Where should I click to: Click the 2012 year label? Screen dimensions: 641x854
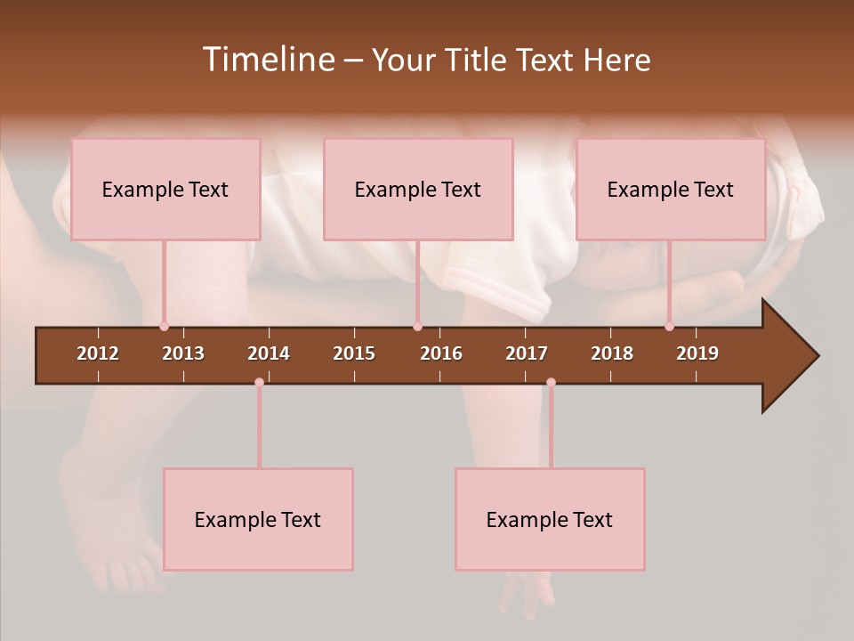click(x=98, y=353)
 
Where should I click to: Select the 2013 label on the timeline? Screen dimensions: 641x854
click(x=183, y=353)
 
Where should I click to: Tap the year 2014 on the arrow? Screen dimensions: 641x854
click(x=269, y=353)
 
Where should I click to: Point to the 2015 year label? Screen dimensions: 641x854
click(x=354, y=353)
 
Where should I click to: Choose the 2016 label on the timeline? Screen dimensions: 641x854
click(x=441, y=353)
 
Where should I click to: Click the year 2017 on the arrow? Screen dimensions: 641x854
click(x=527, y=353)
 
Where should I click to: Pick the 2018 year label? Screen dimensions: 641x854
click(x=612, y=353)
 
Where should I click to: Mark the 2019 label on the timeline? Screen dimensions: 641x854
click(x=697, y=353)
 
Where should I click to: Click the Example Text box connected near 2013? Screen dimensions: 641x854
click(x=165, y=190)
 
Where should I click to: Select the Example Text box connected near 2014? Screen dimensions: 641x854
click(x=258, y=520)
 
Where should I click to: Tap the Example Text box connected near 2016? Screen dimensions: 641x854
click(x=418, y=190)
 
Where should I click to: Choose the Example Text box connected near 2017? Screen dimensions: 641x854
click(x=550, y=520)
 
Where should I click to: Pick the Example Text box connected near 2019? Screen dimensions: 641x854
click(x=671, y=190)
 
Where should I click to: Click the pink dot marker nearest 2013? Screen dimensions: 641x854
click(x=164, y=327)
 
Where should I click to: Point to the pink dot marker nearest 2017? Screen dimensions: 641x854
click(x=551, y=383)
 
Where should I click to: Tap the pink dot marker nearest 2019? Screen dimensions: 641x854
click(x=669, y=327)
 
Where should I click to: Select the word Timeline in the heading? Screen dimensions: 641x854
click(x=268, y=60)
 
